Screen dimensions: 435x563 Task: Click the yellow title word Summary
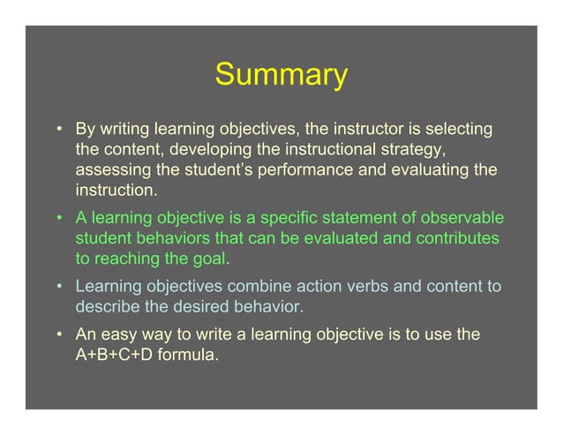[x=281, y=76]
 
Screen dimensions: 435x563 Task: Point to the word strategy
[x=413, y=149]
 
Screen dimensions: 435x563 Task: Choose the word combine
[x=258, y=288]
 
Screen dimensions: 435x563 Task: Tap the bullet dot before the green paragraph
[x=61, y=219]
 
